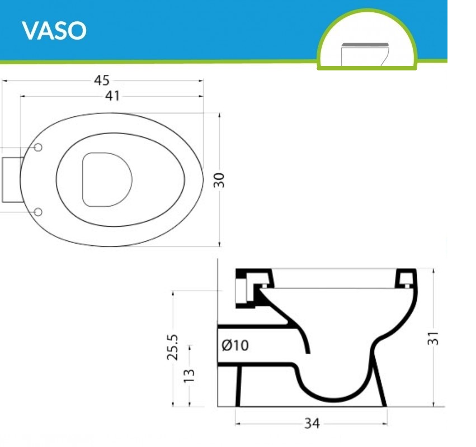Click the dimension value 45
[x=101, y=81]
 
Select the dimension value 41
[x=113, y=96]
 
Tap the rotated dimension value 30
[x=220, y=180]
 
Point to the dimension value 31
[x=434, y=337]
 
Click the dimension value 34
[x=312, y=424]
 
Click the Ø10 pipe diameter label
[x=235, y=345]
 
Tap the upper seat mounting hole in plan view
[x=39, y=147]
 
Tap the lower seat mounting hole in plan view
[x=39, y=212]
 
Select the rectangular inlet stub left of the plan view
[x=11, y=179]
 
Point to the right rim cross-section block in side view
[x=406, y=278]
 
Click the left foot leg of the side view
[x=239, y=386]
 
